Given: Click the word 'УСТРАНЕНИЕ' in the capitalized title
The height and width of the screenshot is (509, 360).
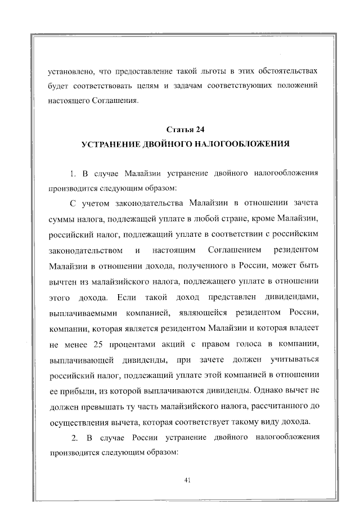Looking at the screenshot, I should [111, 145].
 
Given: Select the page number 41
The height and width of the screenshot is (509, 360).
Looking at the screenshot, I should [187, 480].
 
